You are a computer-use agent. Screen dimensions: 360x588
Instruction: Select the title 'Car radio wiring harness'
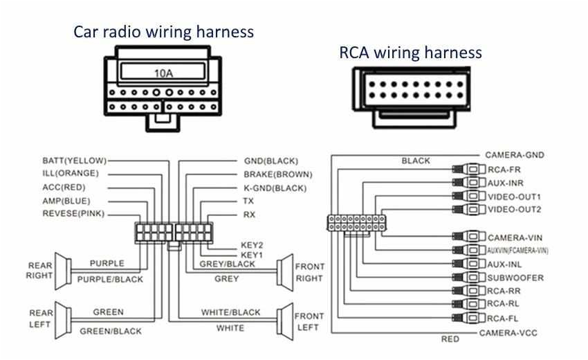tap(163, 32)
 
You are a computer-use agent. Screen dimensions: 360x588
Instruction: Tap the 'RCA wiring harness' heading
tap(410, 53)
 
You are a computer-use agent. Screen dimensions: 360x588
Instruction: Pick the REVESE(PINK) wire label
tap(73, 214)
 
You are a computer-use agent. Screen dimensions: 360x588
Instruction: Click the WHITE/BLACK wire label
tap(231, 312)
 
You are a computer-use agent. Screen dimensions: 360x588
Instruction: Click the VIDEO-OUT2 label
tap(515, 209)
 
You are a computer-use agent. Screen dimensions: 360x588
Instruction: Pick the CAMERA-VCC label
tap(508, 333)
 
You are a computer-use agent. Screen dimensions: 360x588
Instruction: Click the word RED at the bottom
tap(450, 339)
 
